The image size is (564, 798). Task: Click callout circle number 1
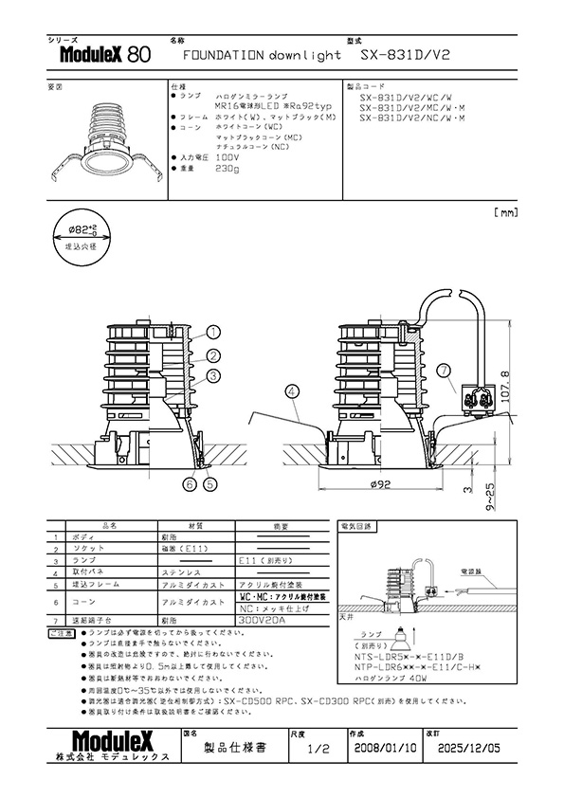click(213, 333)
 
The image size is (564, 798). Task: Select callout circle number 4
click(291, 390)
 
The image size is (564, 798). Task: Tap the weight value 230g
click(227, 168)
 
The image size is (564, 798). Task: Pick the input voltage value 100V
click(227, 157)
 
